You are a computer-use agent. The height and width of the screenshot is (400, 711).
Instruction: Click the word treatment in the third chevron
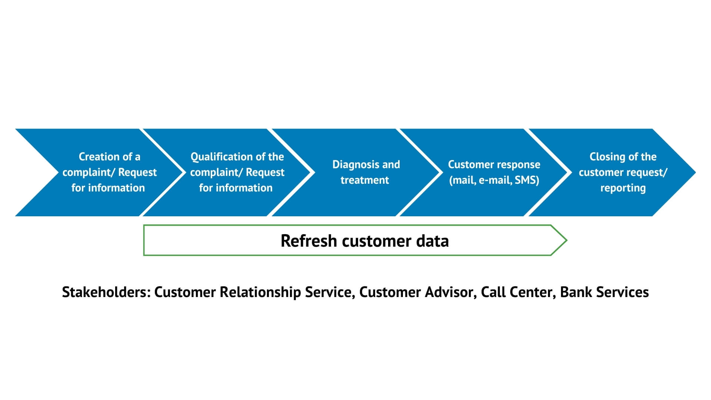365,180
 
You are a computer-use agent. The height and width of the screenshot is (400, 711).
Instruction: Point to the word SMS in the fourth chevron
527,180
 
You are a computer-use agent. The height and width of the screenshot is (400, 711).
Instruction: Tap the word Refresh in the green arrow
309,241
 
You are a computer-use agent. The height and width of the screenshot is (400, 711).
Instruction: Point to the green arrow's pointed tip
567,240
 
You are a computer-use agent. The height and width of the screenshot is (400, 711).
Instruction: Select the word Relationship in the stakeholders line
260,293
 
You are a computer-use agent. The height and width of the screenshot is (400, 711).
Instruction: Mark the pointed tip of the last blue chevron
696,172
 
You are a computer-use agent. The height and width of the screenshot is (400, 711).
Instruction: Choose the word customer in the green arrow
377,241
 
